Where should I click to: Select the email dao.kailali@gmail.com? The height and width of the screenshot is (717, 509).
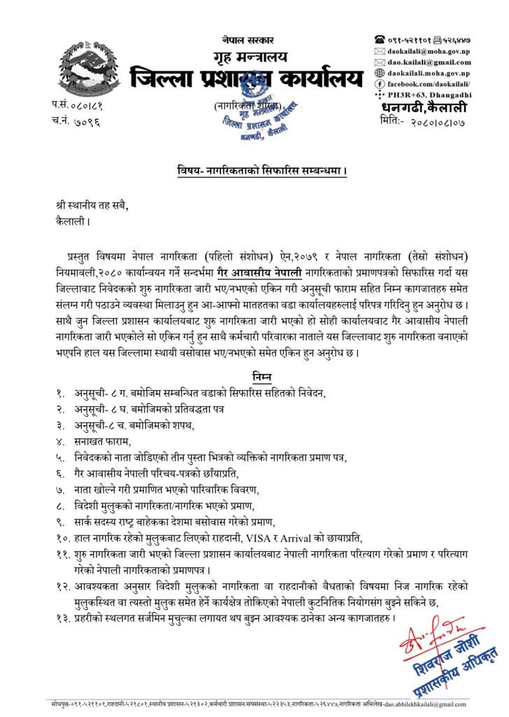[429, 62]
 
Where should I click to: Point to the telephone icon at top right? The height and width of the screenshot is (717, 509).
[380, 41]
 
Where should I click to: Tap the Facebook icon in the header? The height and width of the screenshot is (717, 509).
[380, 83]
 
